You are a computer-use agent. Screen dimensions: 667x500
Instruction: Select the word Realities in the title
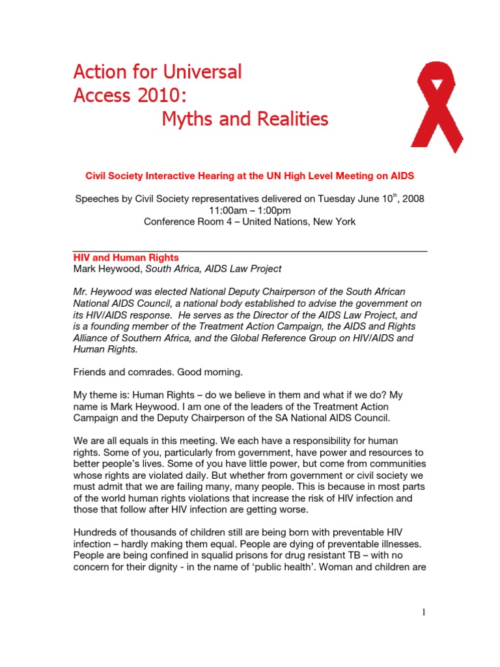(287, 119)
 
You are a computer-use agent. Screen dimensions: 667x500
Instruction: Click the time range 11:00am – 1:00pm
(250, 210)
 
